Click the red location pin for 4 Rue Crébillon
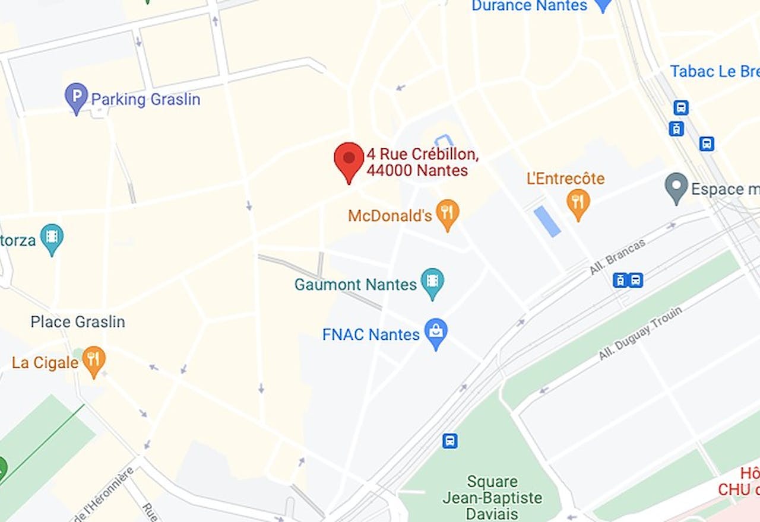click(x=349, y=158)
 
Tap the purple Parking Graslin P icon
click(x=76, y=96)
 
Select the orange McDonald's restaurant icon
click(x=447, y=212)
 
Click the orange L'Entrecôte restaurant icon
click(x=578, y=202)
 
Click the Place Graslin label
click(x=78, y=322)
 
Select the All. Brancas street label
click(x=617, y=256)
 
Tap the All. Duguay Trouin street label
click(x=640, y=333)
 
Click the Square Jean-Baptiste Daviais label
click(x=492, y=497)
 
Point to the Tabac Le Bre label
click(x=714, y=72)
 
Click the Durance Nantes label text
click(x=529, y=6)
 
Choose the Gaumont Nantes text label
click(x=356, y=285)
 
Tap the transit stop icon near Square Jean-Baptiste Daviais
click(x=450, y=441)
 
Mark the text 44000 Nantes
click(x=417, y=171)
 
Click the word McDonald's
click(x=389, y=216)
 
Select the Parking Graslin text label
click(x=145, y=99)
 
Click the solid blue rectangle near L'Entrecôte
click(x=547, y=221)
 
